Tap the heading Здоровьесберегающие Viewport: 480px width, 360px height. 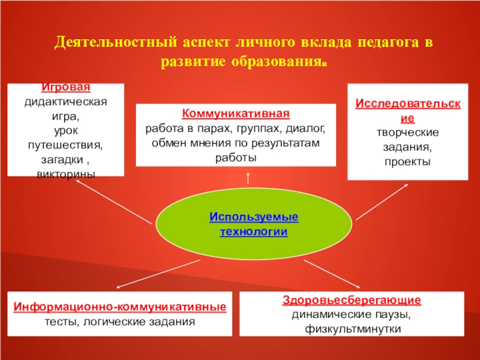point(352,300)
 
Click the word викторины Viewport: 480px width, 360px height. point(65,172)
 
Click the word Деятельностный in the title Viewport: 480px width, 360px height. point(115,44)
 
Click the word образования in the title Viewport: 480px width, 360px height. point(277,62)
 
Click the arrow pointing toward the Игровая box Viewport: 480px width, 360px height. point(114,201)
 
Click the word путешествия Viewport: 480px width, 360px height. point(65,145)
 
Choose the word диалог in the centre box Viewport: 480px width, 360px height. point(307,128)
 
